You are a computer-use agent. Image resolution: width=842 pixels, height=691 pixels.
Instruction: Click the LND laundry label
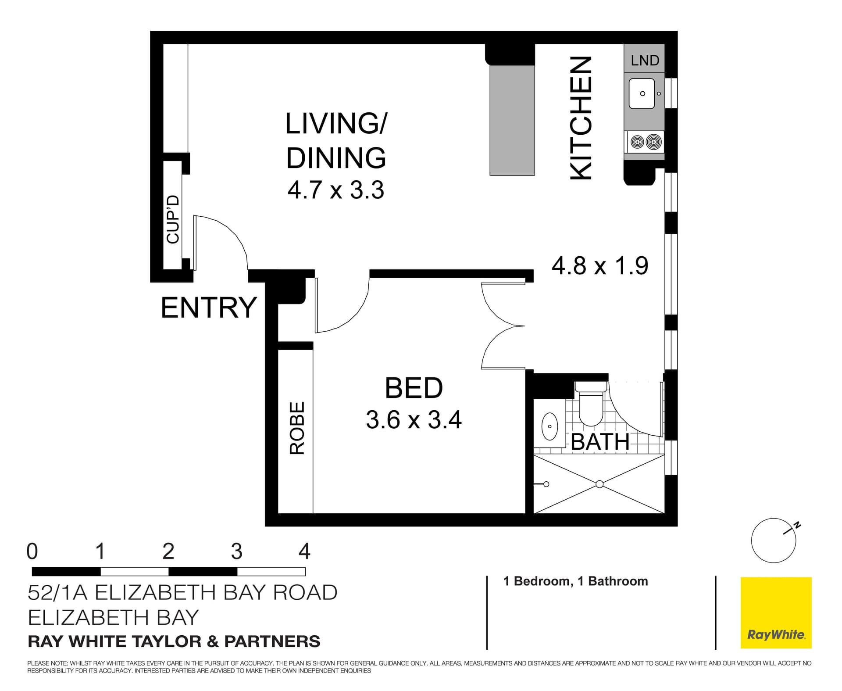coord(645,61)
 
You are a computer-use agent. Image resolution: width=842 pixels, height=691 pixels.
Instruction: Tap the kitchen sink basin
coord(642,93)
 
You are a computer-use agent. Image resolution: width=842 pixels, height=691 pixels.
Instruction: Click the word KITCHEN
coord(582,118)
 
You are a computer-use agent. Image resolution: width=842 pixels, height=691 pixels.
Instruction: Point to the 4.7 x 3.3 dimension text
coord(336,190)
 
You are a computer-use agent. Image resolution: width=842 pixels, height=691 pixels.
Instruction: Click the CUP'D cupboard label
coord(173,219)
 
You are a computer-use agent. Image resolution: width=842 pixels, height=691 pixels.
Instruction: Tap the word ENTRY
coord(209,308)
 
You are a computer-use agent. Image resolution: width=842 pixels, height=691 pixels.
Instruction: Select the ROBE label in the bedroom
coord(297,428)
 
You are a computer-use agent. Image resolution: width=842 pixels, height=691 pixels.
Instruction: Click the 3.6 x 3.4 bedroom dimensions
coord(414,420)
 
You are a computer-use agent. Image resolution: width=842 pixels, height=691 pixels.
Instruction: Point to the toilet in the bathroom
coord(591,406)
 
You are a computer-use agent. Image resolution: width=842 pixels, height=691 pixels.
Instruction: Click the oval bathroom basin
coord(549,426)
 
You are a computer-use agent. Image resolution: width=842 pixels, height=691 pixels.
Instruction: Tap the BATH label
coord(600,442)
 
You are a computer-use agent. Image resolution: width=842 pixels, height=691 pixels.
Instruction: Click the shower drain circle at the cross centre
coord(599,484)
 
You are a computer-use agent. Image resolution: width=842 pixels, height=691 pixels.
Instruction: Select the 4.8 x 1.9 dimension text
coord(599,266)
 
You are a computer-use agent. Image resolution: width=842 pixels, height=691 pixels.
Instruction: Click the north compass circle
coord(773,541)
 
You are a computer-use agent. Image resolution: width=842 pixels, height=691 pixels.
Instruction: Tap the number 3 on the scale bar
coord(236,551)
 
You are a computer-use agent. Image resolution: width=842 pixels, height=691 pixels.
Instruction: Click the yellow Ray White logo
coord(776,612)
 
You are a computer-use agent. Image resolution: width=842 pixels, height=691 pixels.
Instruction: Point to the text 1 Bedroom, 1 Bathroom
coord(575,581)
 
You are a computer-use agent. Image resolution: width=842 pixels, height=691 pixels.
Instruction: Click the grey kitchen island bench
coord(512,120)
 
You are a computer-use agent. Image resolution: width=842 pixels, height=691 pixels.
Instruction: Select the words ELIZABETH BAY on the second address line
coord(113,618)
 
